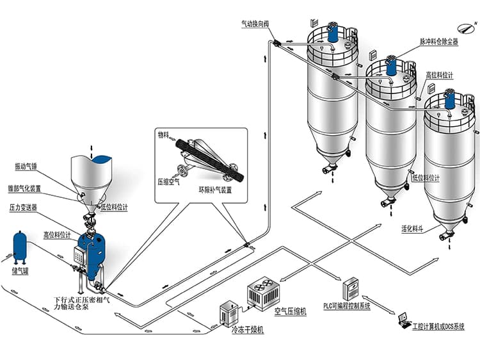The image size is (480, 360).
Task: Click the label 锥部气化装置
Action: coord(31,189)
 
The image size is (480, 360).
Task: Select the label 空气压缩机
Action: coord(290,311)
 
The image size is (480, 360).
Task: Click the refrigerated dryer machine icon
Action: coord(228,313)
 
